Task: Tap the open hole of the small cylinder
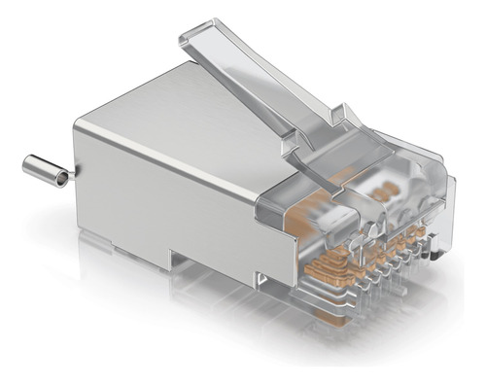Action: click(x=61, y=178)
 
